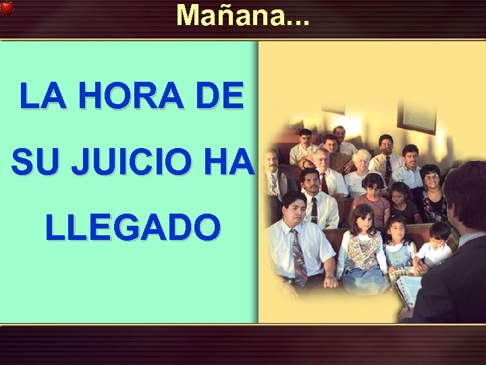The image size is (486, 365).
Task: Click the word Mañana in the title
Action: click(225, 15)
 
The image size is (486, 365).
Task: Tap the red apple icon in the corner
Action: click(7, 7)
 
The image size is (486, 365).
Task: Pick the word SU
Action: click(33, 164)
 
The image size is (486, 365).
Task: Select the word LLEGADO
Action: click(132, 228)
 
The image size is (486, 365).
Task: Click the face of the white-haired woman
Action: click(361, 161)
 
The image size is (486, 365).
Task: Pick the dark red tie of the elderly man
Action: click(324, 182)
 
